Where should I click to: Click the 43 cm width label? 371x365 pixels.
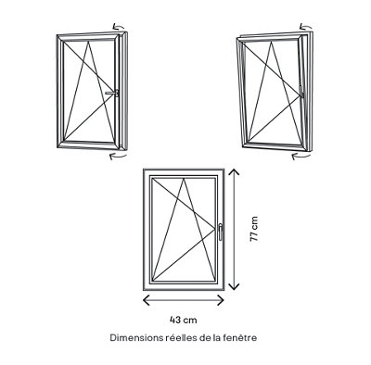pos(184,320)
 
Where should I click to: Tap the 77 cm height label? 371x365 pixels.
pos(254,229)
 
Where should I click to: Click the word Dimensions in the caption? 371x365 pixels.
pos(136,337)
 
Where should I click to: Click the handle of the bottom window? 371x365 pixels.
pos(220,232)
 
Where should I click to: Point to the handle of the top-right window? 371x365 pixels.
pos(301,91)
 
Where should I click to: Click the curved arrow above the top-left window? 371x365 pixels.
pos(119,26)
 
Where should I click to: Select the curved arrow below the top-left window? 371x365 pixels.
pos(118,157)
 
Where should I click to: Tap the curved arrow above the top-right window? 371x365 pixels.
pos(306,26)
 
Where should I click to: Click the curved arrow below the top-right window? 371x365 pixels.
pos(301,157)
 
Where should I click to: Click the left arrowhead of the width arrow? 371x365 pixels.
pos(146,300)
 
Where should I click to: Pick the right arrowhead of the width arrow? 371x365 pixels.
pos(221,300)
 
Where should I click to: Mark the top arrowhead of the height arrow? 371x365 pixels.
pos(235,172)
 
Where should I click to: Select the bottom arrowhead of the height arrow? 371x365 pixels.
pos(235,286)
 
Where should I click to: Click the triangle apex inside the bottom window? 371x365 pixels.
pos(184,178)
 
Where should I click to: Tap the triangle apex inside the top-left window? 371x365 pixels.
pos(89,42)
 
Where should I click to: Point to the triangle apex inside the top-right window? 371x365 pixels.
pos(272,42)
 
